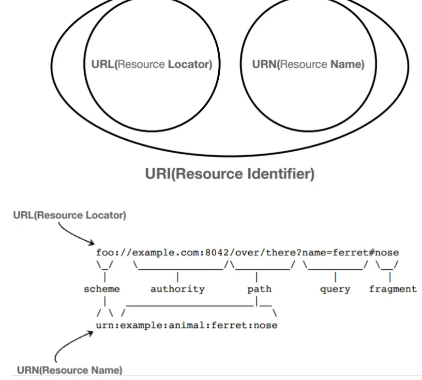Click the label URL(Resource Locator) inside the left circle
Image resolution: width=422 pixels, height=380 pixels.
pos(151,65)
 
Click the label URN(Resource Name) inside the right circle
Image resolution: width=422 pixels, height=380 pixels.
pos(308,65)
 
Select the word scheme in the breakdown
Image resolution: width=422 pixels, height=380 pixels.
pos(102,289)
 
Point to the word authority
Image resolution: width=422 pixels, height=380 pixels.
pos(178,289)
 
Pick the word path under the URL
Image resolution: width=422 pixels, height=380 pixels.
pos(259,289)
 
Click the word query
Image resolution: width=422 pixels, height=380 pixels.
pos(335,289)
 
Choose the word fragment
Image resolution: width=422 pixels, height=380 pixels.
pos(392,289)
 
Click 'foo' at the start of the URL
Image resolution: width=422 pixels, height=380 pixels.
pos(104,253)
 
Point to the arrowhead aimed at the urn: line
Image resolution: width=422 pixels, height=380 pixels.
pos(91,332)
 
